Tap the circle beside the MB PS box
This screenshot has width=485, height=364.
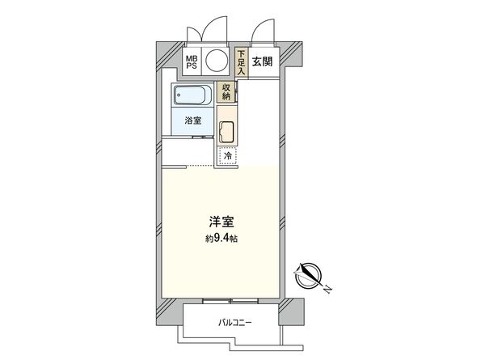(x=217, y=61)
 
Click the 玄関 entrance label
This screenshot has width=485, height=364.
(x=263, y=61)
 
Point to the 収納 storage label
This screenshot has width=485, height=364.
(x=228, y=92)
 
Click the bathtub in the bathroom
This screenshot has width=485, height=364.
(x=192, y=95)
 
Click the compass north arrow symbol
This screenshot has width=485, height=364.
(x=310, y=276)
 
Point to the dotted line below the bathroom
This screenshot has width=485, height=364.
(x=188, y=165)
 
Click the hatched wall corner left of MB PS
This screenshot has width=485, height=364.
(x=167, y=56)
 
